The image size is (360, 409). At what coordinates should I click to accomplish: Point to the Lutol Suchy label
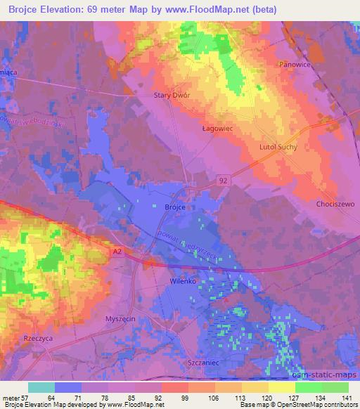[278, 147]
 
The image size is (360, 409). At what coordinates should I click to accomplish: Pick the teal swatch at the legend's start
[41, 387]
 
